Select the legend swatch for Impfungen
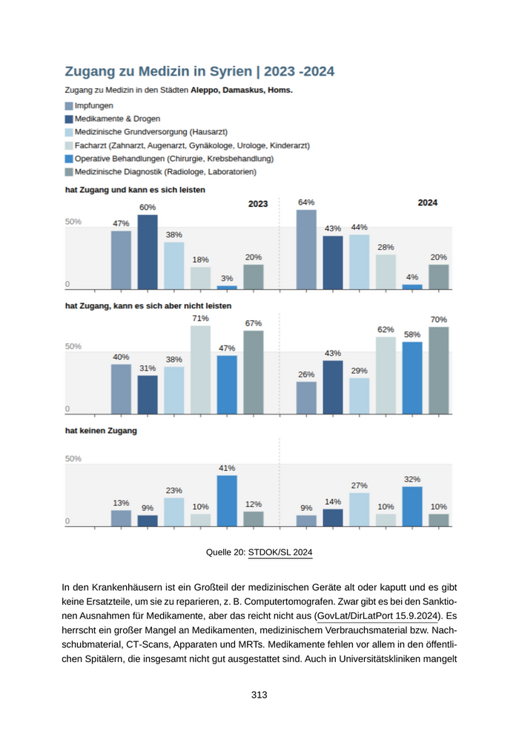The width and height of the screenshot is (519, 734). tap(69, 106)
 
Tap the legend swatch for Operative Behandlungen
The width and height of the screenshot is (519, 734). tap(69, 159)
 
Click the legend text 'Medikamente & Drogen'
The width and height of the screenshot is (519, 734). tap(117, 119)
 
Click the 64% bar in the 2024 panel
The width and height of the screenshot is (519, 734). tap(306, 249)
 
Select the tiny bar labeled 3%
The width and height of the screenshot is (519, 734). tap(227, 287)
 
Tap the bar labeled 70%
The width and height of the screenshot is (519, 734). tap(439, 369)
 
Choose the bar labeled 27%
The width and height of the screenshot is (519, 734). tap(359, 509)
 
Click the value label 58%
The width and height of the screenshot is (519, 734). tap(412, 334)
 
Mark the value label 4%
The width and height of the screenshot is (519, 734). tap(412, 277)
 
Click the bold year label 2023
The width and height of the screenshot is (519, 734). tap(258, 203)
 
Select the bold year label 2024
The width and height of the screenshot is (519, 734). tap(427, 202)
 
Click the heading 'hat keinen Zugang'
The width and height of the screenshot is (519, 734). tap(101, 430)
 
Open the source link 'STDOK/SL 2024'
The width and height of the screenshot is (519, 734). tap(280, 552)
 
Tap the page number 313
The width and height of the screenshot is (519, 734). tap(259, 695)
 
